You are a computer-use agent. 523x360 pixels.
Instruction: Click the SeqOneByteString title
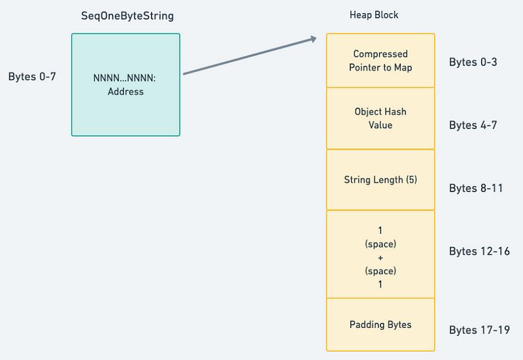pyautogui.click(x=127, y=16)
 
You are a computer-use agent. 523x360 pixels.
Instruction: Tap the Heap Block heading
pyautogui.click(x=374, y=15)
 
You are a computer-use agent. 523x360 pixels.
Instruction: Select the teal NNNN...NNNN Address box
pyautogui.click(x=126, y=85)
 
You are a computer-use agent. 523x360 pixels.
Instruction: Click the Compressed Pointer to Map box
pyautogui.click(x=380, y=61)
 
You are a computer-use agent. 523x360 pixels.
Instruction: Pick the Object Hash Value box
pyautogui.click(x=380, y=118)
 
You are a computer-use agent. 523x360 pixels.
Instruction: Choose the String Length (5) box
pyautogui.click(x=380, y=180)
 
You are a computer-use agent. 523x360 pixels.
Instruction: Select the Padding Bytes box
pyautogui.click(x=380, y=325)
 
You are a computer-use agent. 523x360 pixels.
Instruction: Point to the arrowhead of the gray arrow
pyautogui.click(x=314, y=39)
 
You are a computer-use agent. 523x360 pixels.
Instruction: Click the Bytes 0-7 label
pyautogui.click(x=32, y=76)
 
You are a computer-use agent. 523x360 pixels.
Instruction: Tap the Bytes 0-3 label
pyautogui.click(x=473, y=62)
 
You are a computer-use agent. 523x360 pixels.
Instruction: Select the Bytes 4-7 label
pyautogui.click(x=473, y=125)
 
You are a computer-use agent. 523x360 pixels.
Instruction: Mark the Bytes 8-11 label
pyautogui.click(x=476, y=188)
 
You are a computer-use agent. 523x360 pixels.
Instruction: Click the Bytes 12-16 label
pyautogui.click(x=479, y=251)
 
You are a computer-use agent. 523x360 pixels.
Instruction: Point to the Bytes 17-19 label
pyautogui.click(x=479, y=330)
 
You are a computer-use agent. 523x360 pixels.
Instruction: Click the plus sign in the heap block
pyautogui.click(x=380, y=257)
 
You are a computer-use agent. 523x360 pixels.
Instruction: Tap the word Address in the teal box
pyautogui.click(x=126, y=91)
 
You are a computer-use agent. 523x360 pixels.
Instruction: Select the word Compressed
pyautogui.click(x=380, y=54)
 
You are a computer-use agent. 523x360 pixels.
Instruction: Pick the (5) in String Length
pyautogui.click(x=411, y=180)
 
